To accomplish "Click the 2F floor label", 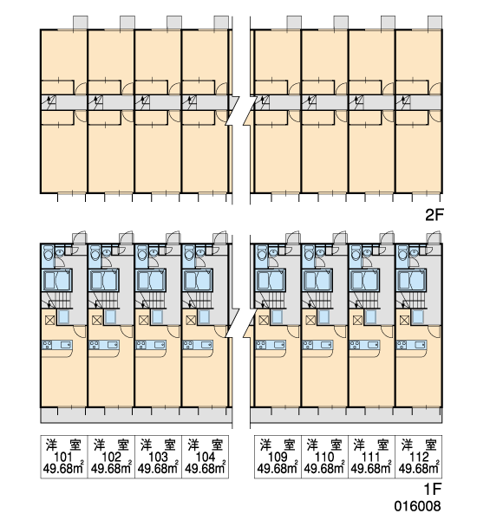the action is click(x=435, y=215).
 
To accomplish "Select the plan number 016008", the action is click(x=417, y=506).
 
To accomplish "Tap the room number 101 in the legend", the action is click(x=63, y=457).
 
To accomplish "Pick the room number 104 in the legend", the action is click(x=206, y=457).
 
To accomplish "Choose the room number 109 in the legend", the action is click(x=278, y=457).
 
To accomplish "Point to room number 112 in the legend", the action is click(x=419, y=457).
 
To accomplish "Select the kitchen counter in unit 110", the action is click(x=317, y=345).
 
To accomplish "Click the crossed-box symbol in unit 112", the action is click(x=404, y=321).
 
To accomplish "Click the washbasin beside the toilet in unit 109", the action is click(x=273, y=252).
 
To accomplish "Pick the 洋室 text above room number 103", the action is click(x=158, y=445).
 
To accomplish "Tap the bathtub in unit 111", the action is click(x=365, y=280).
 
